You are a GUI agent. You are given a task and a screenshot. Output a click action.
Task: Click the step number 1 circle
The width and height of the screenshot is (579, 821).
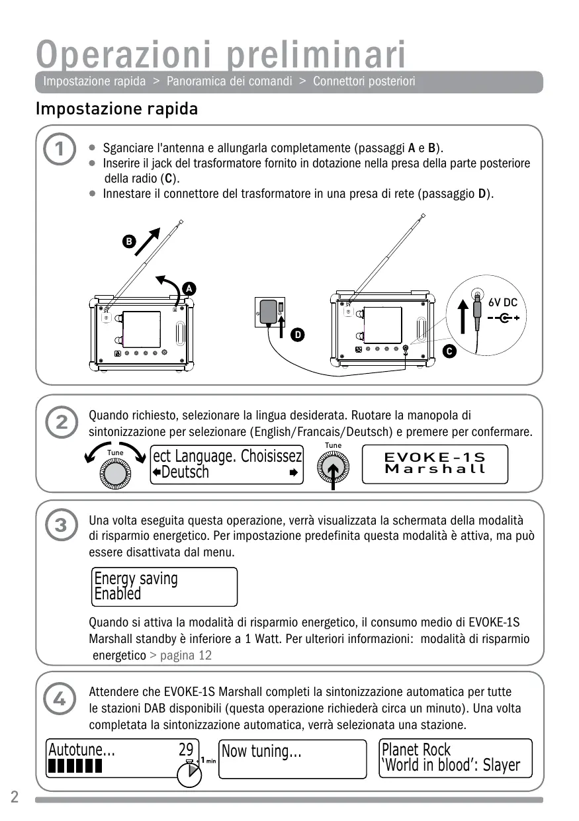coord(60,150)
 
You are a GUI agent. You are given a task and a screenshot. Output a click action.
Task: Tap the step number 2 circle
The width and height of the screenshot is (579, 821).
coord(60,421)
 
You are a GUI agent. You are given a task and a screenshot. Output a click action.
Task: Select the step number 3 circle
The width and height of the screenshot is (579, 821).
coord(60,526)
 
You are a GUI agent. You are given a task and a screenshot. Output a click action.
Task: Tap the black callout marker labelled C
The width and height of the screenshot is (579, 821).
coord(449,351)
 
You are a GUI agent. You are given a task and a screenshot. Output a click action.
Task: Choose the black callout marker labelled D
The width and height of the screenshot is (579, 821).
coord(298,335)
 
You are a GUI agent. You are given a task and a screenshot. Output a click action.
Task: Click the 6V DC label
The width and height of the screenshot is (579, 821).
coord(503,303)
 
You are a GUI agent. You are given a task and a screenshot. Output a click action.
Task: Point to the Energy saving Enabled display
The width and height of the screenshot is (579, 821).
coord(164,586)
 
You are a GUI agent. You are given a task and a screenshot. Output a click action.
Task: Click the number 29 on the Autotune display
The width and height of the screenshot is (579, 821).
coord(186,750)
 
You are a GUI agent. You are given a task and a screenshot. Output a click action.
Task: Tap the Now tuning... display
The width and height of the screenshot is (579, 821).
coord(292,758)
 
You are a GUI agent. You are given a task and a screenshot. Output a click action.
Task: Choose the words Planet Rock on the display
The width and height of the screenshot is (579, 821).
coord(416,750)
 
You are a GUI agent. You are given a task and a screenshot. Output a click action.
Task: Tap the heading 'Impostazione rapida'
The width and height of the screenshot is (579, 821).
coord(117,108)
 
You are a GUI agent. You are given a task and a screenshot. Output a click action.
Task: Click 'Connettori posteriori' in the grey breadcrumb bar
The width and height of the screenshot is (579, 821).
coord(364,81)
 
